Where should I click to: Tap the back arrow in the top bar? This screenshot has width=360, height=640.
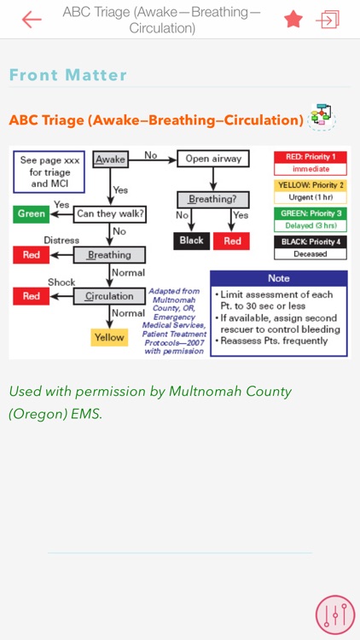tap(32, 20)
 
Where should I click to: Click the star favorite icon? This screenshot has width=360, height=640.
tap(293, 20)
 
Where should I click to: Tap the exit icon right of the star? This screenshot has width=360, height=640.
tap(328, 20)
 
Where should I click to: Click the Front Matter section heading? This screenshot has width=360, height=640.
tap(68, 75)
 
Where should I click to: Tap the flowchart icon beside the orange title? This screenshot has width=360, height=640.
tap(322, 118)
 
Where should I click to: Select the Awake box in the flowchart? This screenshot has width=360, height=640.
tap(110, 160)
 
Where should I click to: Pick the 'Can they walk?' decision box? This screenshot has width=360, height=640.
tap(109, 212)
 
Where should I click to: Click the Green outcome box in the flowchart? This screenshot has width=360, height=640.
tap(32, 212)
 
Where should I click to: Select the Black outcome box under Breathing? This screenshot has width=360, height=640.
tap(192, 241)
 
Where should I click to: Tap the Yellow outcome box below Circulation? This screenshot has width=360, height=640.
tap(109, 337)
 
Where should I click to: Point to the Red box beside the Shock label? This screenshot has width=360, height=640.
tap(32, 296)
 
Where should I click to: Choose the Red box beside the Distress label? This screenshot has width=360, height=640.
tap(32, 254)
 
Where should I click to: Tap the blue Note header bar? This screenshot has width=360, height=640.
tap(278, 278)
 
